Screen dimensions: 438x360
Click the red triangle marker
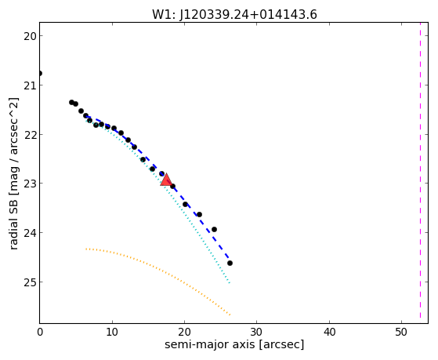(x=166, y=180)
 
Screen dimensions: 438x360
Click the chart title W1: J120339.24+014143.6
(x=234, y=14)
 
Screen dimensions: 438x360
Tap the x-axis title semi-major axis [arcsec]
(x=234, y=344)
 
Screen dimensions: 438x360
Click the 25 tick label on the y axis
(x=29, y=282)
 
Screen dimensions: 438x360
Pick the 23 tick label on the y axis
(x=29, y=184)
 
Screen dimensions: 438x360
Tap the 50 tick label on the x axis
(x=401, y=332)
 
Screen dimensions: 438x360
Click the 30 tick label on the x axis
(x=256, y=332)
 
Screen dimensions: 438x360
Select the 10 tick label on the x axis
(x=112, y=332)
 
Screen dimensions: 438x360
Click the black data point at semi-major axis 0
(x=40, y=73)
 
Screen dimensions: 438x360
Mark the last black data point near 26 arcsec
(x=230, y=264)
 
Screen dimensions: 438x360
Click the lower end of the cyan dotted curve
(x=230, y=283)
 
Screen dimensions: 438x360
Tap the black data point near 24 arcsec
(x=214, y=229)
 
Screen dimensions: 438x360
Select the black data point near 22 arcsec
(x=199, y=215)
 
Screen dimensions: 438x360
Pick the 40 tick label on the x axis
(x=329, y=332)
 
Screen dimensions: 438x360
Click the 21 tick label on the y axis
(x=29, y=85)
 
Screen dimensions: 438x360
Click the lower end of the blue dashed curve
(x=229, y=258)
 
